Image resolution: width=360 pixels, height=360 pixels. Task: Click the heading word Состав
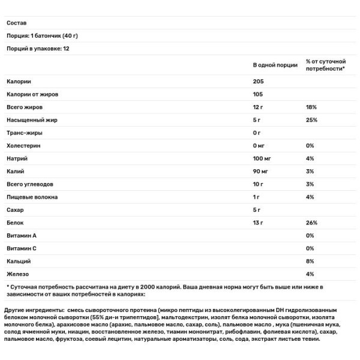click(x=17, y=23)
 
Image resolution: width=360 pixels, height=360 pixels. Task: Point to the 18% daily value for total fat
click(x=310, y=107)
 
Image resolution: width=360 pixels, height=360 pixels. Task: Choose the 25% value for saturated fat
click(x=311, y=120)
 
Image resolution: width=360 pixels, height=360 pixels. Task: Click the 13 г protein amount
click(x=259, y=223)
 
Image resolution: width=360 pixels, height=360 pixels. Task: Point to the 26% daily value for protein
click(x=311, y=223)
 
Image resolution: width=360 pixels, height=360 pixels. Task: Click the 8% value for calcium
click(x=310, y=262)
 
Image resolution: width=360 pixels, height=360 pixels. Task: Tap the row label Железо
click(x=18, y=274)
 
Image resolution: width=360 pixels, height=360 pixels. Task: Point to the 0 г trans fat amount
click(x=257, y=133)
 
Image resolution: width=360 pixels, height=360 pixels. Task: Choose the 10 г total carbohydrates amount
click(x=259, y=184)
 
